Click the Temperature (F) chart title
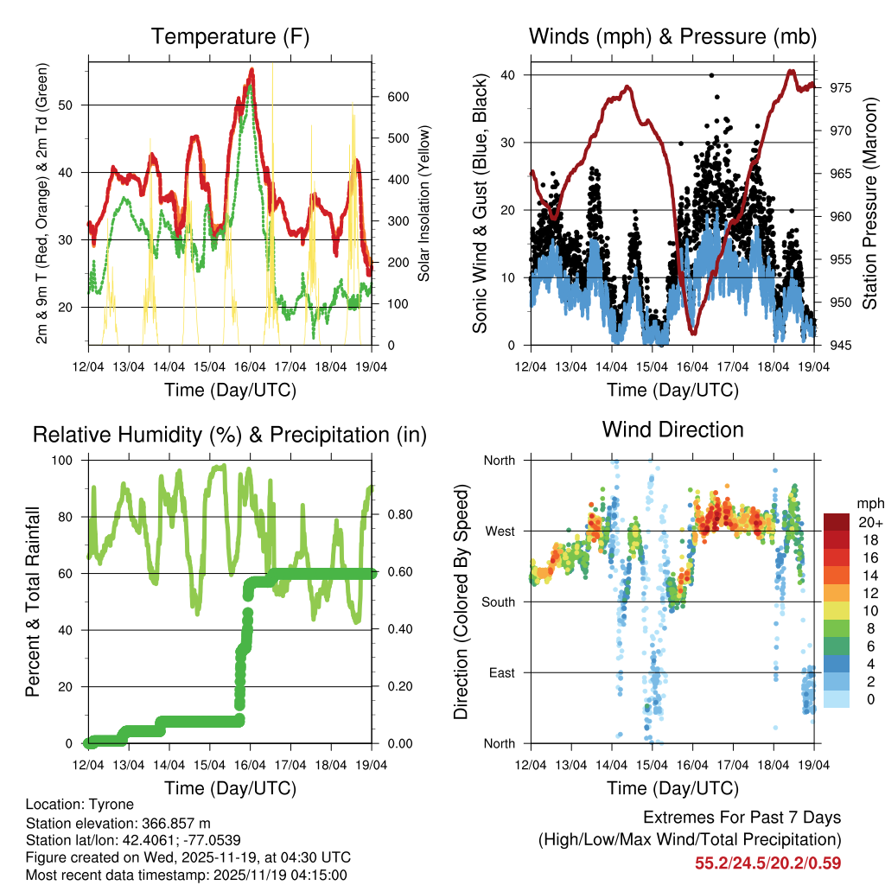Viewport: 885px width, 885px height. tap(230, 37)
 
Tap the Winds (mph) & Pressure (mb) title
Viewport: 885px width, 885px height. tap(672, 37)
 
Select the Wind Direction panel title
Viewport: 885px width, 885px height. tap(672, 430)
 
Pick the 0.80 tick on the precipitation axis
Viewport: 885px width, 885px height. tap(393, 516)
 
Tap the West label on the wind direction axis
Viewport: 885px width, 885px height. tap(499, 532)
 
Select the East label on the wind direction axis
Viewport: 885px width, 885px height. tap(500, 672)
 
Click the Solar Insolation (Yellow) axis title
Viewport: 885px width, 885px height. tap(424, 204)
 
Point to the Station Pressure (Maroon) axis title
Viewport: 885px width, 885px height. tap(869, 204)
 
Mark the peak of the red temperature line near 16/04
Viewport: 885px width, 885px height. tap(251, 69)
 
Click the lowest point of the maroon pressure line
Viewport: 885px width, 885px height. tap(692, 332)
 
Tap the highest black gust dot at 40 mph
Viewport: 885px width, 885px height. tap(711, 75)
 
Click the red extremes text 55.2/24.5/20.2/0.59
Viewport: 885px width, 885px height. tap(767, 863)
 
